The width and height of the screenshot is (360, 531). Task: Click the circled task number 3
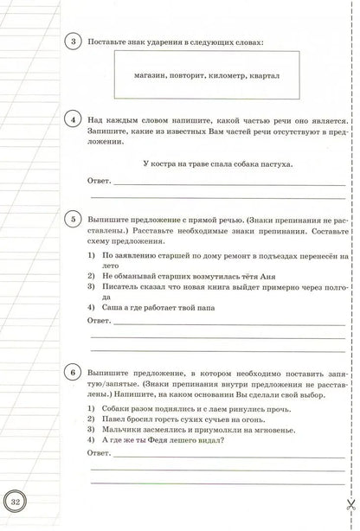74,42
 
